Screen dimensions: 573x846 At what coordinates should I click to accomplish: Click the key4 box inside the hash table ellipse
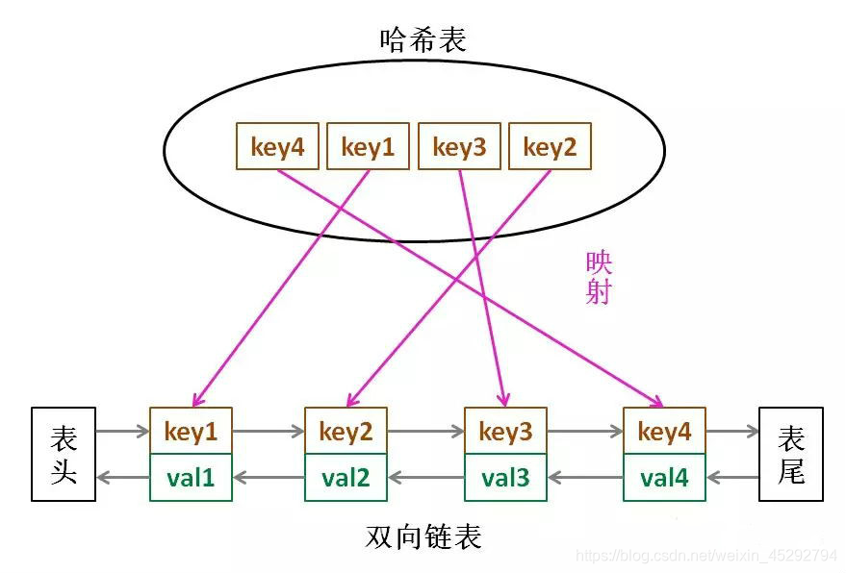277,147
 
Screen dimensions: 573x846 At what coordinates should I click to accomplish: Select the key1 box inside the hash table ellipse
368,147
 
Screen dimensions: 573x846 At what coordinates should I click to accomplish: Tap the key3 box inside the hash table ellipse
459,147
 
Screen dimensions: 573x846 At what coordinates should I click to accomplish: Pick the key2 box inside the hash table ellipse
549,147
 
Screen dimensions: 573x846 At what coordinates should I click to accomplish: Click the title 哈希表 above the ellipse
423,39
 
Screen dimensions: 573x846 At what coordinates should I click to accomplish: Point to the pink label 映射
599,278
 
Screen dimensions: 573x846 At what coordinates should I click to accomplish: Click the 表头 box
64,455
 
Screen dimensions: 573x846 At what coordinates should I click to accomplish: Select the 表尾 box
790,455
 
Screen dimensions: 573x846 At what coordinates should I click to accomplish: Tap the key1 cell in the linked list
191,432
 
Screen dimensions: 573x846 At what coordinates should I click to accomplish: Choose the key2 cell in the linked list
346,432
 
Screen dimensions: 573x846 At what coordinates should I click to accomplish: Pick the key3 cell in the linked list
505,432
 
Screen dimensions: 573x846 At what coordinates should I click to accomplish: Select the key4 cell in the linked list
664,432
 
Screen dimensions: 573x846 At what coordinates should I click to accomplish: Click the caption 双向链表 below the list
423,536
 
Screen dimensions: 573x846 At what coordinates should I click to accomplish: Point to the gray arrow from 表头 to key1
122,433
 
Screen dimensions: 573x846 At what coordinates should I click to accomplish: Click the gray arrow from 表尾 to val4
732,477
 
